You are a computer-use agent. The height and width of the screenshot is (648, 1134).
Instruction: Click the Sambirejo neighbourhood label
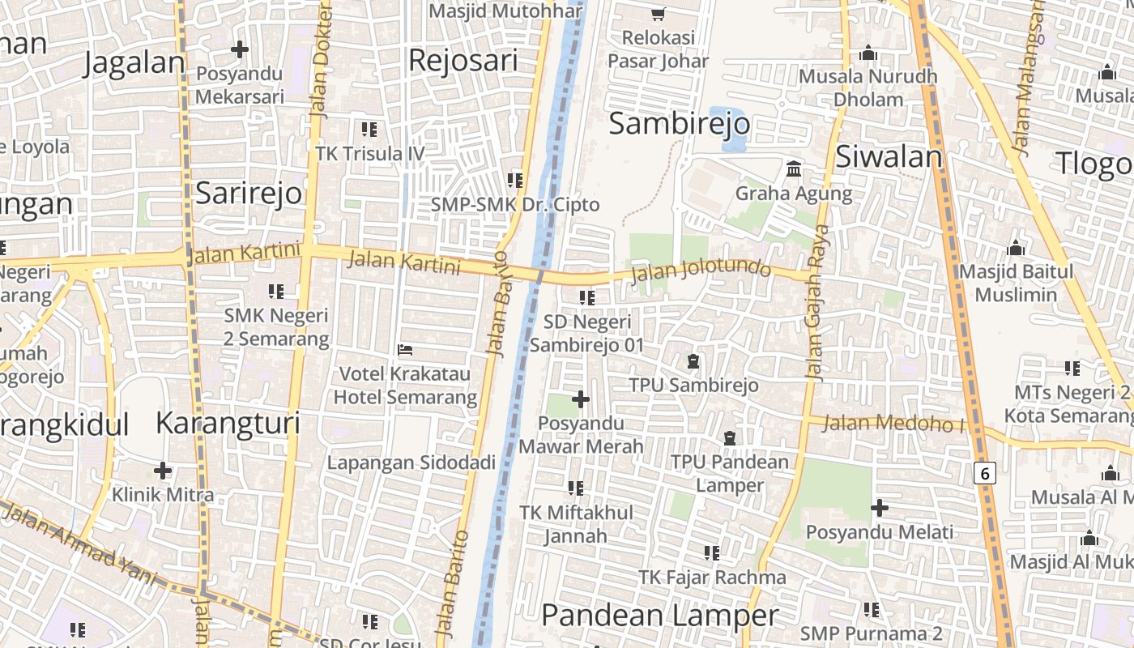(x=679, y=124)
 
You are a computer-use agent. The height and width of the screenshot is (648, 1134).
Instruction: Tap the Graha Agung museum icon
(x=795, y=170)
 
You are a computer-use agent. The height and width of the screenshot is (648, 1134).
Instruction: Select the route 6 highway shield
(x=984, y=473)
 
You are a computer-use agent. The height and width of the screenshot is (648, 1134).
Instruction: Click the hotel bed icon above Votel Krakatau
(x=405, y=350)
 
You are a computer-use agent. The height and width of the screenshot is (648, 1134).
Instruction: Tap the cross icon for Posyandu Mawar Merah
(x=581, y=399)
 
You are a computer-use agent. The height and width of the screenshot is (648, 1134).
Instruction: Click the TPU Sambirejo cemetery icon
(x=693, y=361)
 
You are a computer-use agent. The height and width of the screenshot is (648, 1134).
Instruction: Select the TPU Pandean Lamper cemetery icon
(x=730, y=438)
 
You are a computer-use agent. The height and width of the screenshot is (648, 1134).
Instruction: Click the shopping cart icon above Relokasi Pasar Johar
(x=658, y=14)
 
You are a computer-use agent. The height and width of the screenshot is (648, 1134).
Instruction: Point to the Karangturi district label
(x=228, y=423)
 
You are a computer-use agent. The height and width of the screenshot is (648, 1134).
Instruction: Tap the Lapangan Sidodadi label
(x=411, y=463)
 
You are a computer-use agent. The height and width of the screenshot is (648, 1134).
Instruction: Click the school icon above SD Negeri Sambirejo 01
(x=587, y=298)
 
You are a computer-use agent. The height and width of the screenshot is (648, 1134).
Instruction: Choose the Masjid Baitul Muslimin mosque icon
(x=1016, y=248)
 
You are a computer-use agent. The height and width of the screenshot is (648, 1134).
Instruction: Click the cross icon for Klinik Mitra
(x=163, y=471)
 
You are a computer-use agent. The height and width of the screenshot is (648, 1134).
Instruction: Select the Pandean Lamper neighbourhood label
(x=659, y=616)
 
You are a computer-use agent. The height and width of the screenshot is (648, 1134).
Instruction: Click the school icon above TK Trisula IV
(x=369, y=130)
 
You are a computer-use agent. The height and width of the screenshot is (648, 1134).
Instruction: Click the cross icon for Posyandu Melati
(x=880, y=509)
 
